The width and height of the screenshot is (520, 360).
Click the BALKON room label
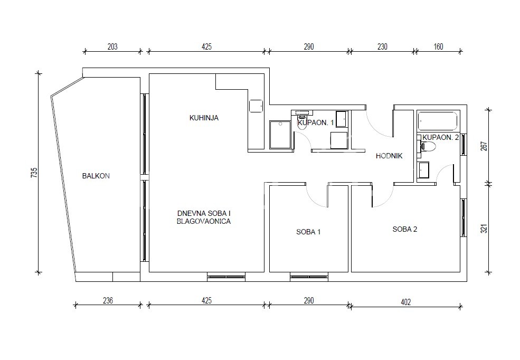tap(96, 176)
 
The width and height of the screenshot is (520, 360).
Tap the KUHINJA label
tap(204, 118)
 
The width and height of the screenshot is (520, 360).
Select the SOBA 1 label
tap(308, 232)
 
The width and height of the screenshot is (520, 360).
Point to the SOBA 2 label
tap(405, 229)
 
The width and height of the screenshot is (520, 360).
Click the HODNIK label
tap(390, 156)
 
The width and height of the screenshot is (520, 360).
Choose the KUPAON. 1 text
tap(316, 122)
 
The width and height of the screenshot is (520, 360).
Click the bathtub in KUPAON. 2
tap(438, 121)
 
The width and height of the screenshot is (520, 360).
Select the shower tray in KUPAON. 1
tap(280, 135)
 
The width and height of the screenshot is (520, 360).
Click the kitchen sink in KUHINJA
tap(256, 106)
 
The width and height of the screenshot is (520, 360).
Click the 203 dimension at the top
tap(112, 47)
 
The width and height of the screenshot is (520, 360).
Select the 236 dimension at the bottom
tap(108, 301)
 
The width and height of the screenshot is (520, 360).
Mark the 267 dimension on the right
tap(484, 146)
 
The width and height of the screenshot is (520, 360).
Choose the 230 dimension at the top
tap(382, 47)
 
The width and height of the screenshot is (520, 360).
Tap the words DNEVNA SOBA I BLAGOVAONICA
tap(204, 217)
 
